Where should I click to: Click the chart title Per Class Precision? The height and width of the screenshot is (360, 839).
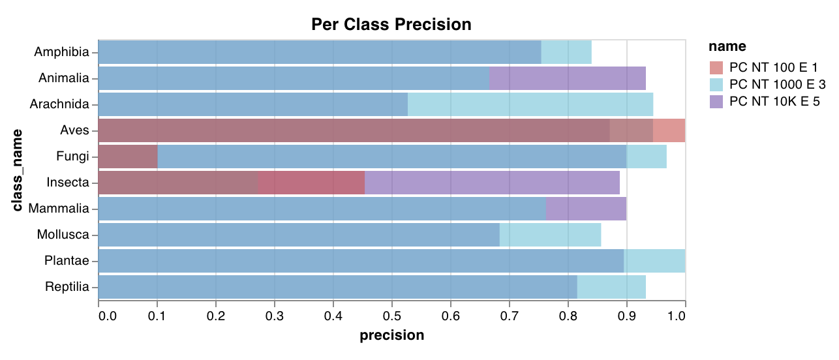[x=391, y=25]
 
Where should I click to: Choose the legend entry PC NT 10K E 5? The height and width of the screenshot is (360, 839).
[x=774, y=101]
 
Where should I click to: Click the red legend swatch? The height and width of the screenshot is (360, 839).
[x=716, y=67]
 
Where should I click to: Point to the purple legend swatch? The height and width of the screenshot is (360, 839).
[x=716, y=101]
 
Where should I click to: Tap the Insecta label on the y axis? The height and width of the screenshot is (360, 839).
[x=67, y=183]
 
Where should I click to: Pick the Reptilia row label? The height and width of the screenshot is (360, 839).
[x=67, y=287]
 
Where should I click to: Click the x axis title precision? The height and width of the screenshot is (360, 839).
[x=392, y=335]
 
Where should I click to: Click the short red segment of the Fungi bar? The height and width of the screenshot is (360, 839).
[x=128, y=157]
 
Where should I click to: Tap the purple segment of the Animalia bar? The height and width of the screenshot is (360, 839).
[x=567, y=78]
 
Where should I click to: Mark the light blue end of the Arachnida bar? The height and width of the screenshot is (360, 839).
[x=530, y=104]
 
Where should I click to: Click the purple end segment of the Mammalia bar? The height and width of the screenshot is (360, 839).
[x=586, y=209]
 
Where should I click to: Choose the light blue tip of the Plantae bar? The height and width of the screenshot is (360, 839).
[x=654, y=261]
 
